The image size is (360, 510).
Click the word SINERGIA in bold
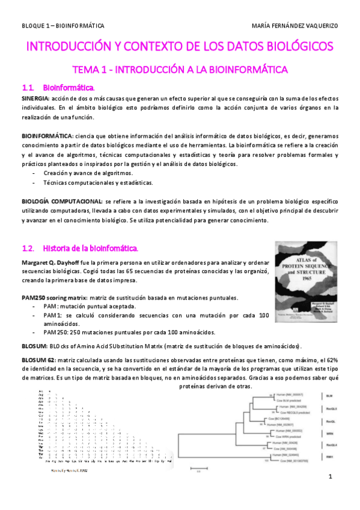tap(35, 97)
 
